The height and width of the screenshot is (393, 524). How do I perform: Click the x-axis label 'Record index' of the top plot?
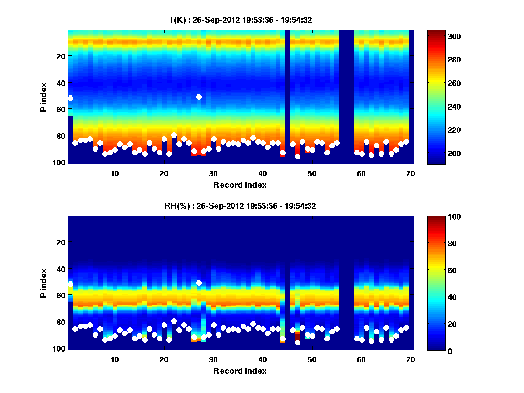tap(240, 185)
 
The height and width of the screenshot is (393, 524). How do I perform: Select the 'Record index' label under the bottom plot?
tap(240, 371)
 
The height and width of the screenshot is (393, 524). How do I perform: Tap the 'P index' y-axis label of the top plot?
tap(44, 97)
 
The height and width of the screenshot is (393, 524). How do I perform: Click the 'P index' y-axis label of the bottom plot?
tap(44, 283)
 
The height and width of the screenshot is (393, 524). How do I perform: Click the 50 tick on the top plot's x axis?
tap(311, 174)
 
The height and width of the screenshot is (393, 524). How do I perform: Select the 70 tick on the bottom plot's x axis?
tap(410, 360)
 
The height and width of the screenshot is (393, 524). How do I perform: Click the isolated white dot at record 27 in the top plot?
tap(199, 97)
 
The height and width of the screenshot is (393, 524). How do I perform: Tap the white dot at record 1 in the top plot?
tap(71, 98)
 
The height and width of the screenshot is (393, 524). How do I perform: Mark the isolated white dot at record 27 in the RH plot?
tap(199, 283)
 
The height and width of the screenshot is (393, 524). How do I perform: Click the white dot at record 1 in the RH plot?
tap(71, 284)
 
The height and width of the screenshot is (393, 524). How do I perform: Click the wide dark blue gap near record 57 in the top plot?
tap(347, 96)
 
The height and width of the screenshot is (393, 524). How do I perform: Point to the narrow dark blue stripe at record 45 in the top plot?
tap(287, 96)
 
